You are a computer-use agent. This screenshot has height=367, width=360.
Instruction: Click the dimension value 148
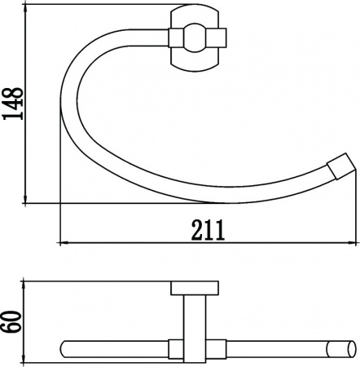coord(12,104)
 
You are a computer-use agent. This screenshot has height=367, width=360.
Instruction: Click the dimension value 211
coord(209,230)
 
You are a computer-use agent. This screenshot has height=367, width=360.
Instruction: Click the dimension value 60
coord(12,322)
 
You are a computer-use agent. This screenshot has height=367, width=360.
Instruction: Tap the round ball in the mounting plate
coord(194,38)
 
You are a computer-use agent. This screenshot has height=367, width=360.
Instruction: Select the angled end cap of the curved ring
coord(341,166)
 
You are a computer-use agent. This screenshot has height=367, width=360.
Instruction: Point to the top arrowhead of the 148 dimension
coord(25,9)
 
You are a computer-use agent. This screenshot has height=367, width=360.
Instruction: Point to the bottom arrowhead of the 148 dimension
coord(25,198)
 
